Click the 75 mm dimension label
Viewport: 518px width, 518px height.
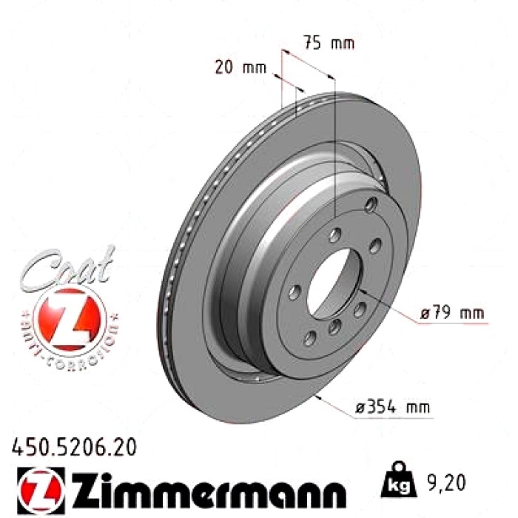pos(329,43)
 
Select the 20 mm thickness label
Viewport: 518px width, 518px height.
pos(240,67)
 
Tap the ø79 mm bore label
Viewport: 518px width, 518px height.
pos(452,313)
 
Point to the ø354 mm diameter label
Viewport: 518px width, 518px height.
pos(393,406)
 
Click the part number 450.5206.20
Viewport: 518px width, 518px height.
pos(74,448)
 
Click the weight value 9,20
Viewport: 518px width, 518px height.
pos(447,482)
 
